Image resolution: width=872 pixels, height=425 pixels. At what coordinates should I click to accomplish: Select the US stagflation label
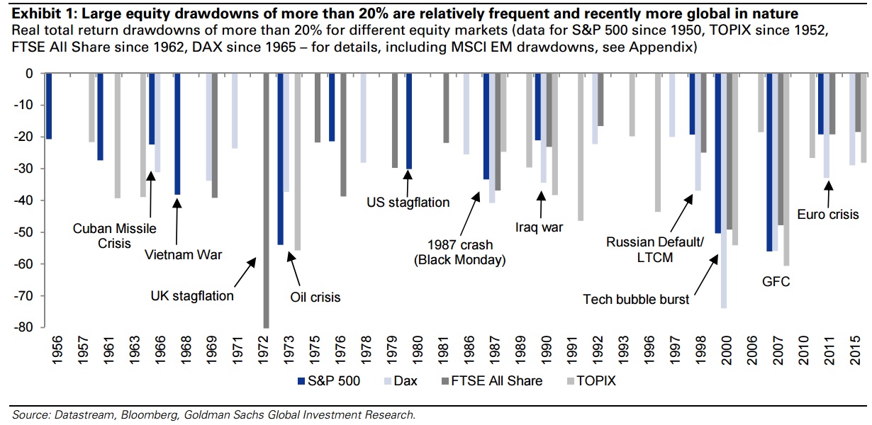pyautogui.click(x=408, y=203)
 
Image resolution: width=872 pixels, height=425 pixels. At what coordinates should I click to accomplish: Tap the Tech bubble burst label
pyautogui.click(x=636, y=299)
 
